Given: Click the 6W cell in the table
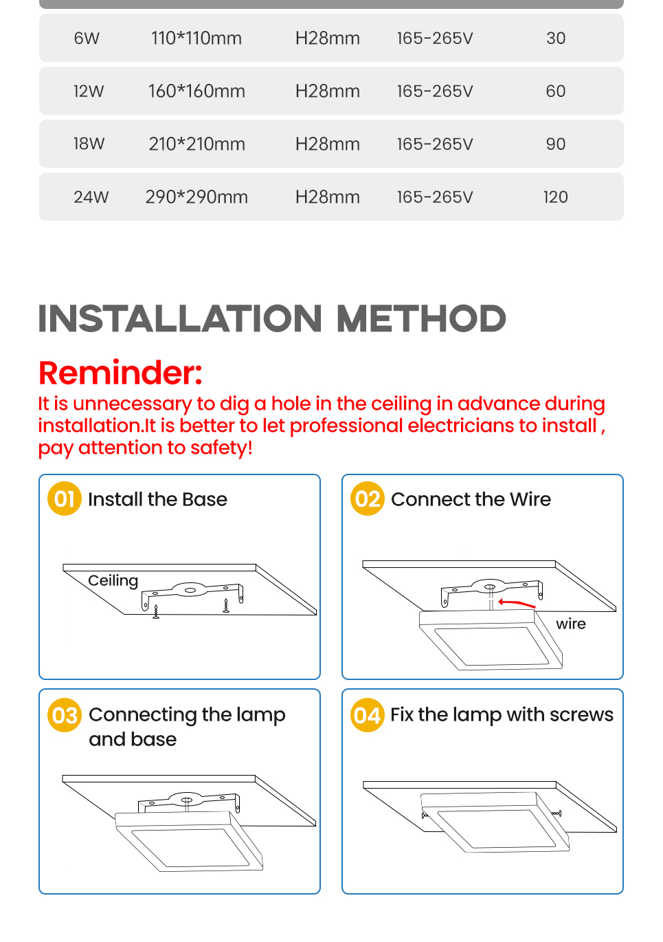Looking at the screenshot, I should click(87, 39).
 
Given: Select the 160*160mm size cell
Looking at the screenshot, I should click(196, 91).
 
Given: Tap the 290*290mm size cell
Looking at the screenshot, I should click(196, 197).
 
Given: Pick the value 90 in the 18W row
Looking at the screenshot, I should click(555, 144).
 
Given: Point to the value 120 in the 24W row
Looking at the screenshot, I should click(555, 197).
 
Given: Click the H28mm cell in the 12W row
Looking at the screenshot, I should click(327, 91).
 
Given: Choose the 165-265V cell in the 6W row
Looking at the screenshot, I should click(434, 39).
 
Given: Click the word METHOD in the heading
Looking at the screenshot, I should click(420, 319).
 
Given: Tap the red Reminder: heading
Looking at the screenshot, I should click(120, 373).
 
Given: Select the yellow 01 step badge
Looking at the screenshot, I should click(65, 499).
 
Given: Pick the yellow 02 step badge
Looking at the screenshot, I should click(368, 499).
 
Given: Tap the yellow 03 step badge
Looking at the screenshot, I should click(65, 715).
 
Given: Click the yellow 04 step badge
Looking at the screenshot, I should click(368, 715).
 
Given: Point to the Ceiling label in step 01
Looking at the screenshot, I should click(113, 580).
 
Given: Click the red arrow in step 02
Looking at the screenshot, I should click(516, 603).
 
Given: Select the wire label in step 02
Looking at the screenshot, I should click(571, 624).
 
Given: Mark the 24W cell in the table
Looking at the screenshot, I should click(91, 197).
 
